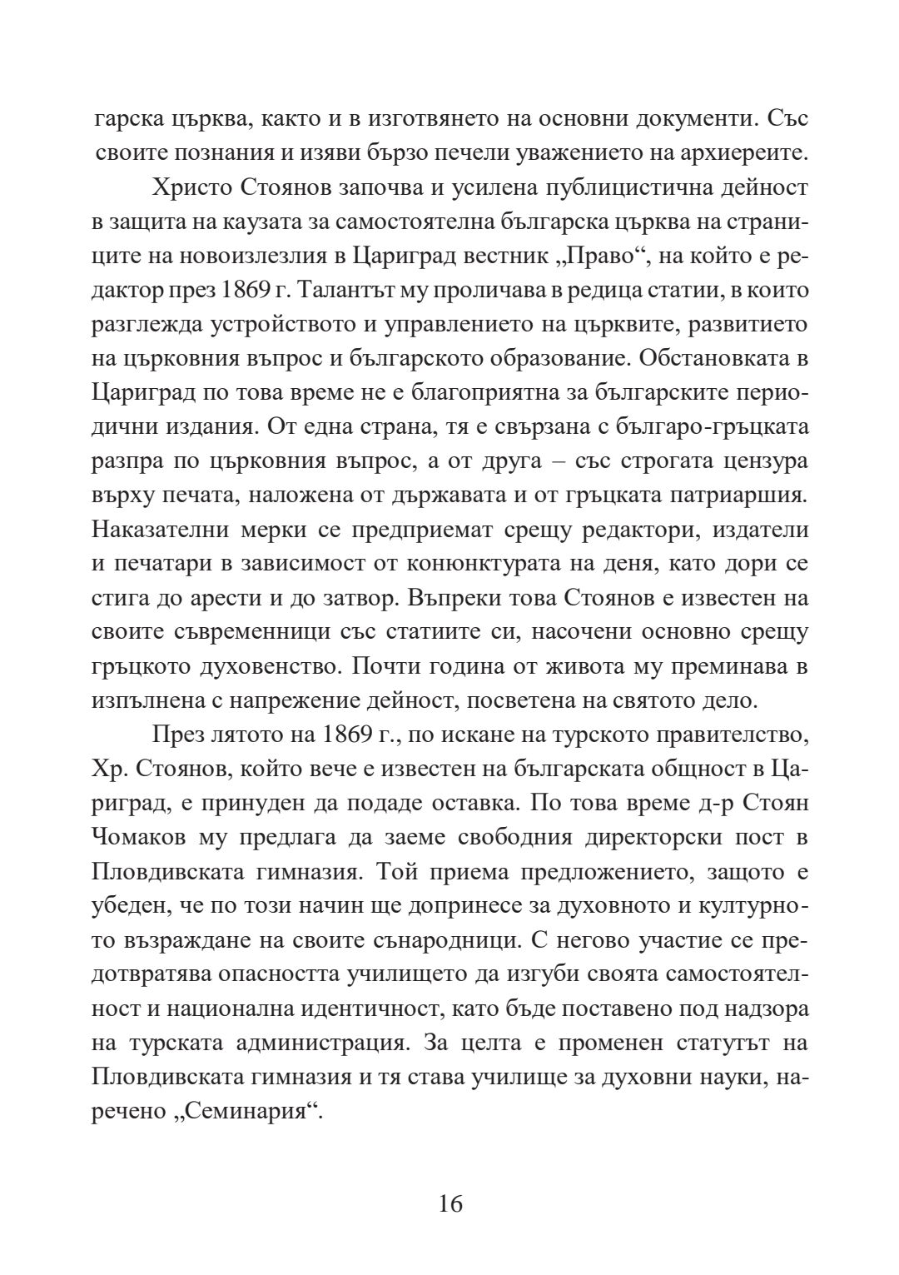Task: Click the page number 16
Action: [449, 1204]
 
